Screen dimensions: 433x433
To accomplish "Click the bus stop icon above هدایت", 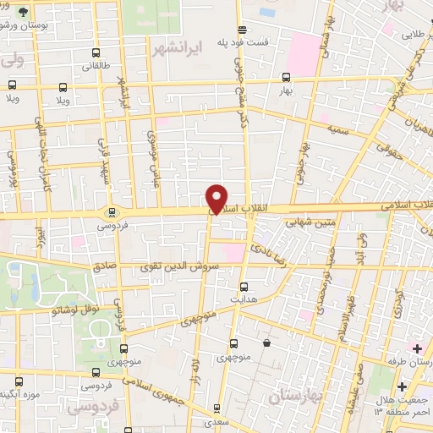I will coord(244,287).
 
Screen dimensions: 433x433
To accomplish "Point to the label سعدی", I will coord(218,420).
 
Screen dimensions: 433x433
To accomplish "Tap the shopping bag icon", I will coord(268,343).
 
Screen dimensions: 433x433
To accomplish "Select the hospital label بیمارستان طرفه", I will coord(406,361).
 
